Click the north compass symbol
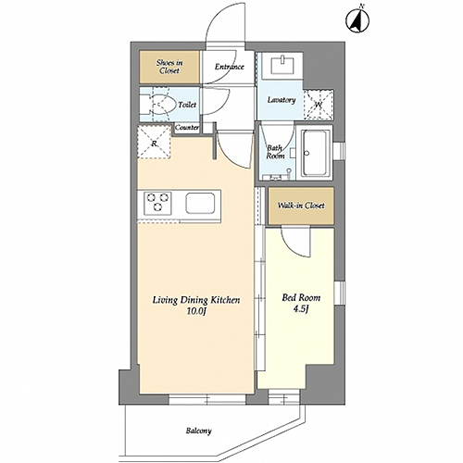(357, 21)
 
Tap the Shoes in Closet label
(169, 67)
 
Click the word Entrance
(230, 67)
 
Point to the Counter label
(187, 127)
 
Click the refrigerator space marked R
(154, 142)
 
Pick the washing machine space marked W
(319, 105)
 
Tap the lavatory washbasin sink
(282, 65)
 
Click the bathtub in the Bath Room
(316, 153)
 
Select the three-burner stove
(157, 203)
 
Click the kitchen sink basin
(200, 204)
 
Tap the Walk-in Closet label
(301, 206)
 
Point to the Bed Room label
(301, 298)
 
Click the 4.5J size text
(301, 309)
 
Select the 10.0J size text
(195, 312)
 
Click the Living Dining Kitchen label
(196, 300)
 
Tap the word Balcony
(199, 431)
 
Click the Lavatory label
(282, 100)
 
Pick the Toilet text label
(187, 105)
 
